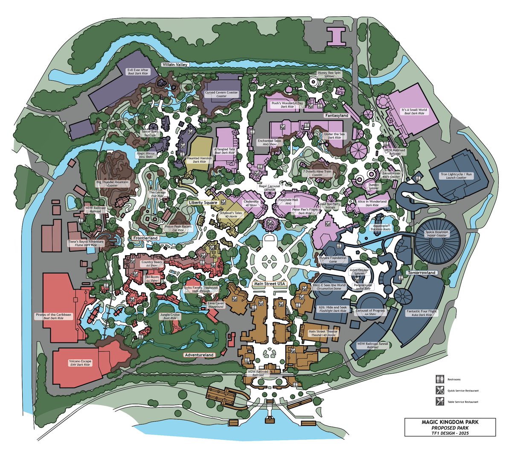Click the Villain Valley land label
click(175, 64)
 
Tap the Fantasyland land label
click(337, 116)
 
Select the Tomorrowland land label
click(420, 272)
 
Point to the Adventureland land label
click(199, 355)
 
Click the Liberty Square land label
click(204, 202)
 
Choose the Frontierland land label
click(145, 238)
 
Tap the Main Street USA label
click(269, 283)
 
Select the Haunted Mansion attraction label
click(199, 160)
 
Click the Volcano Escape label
click(79, 362)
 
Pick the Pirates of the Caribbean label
click(53, 316)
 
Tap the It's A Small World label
click(414, 111)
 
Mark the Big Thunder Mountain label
click(112, 184)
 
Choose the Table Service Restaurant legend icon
click(438, 401)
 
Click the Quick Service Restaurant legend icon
click(438, 390)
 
